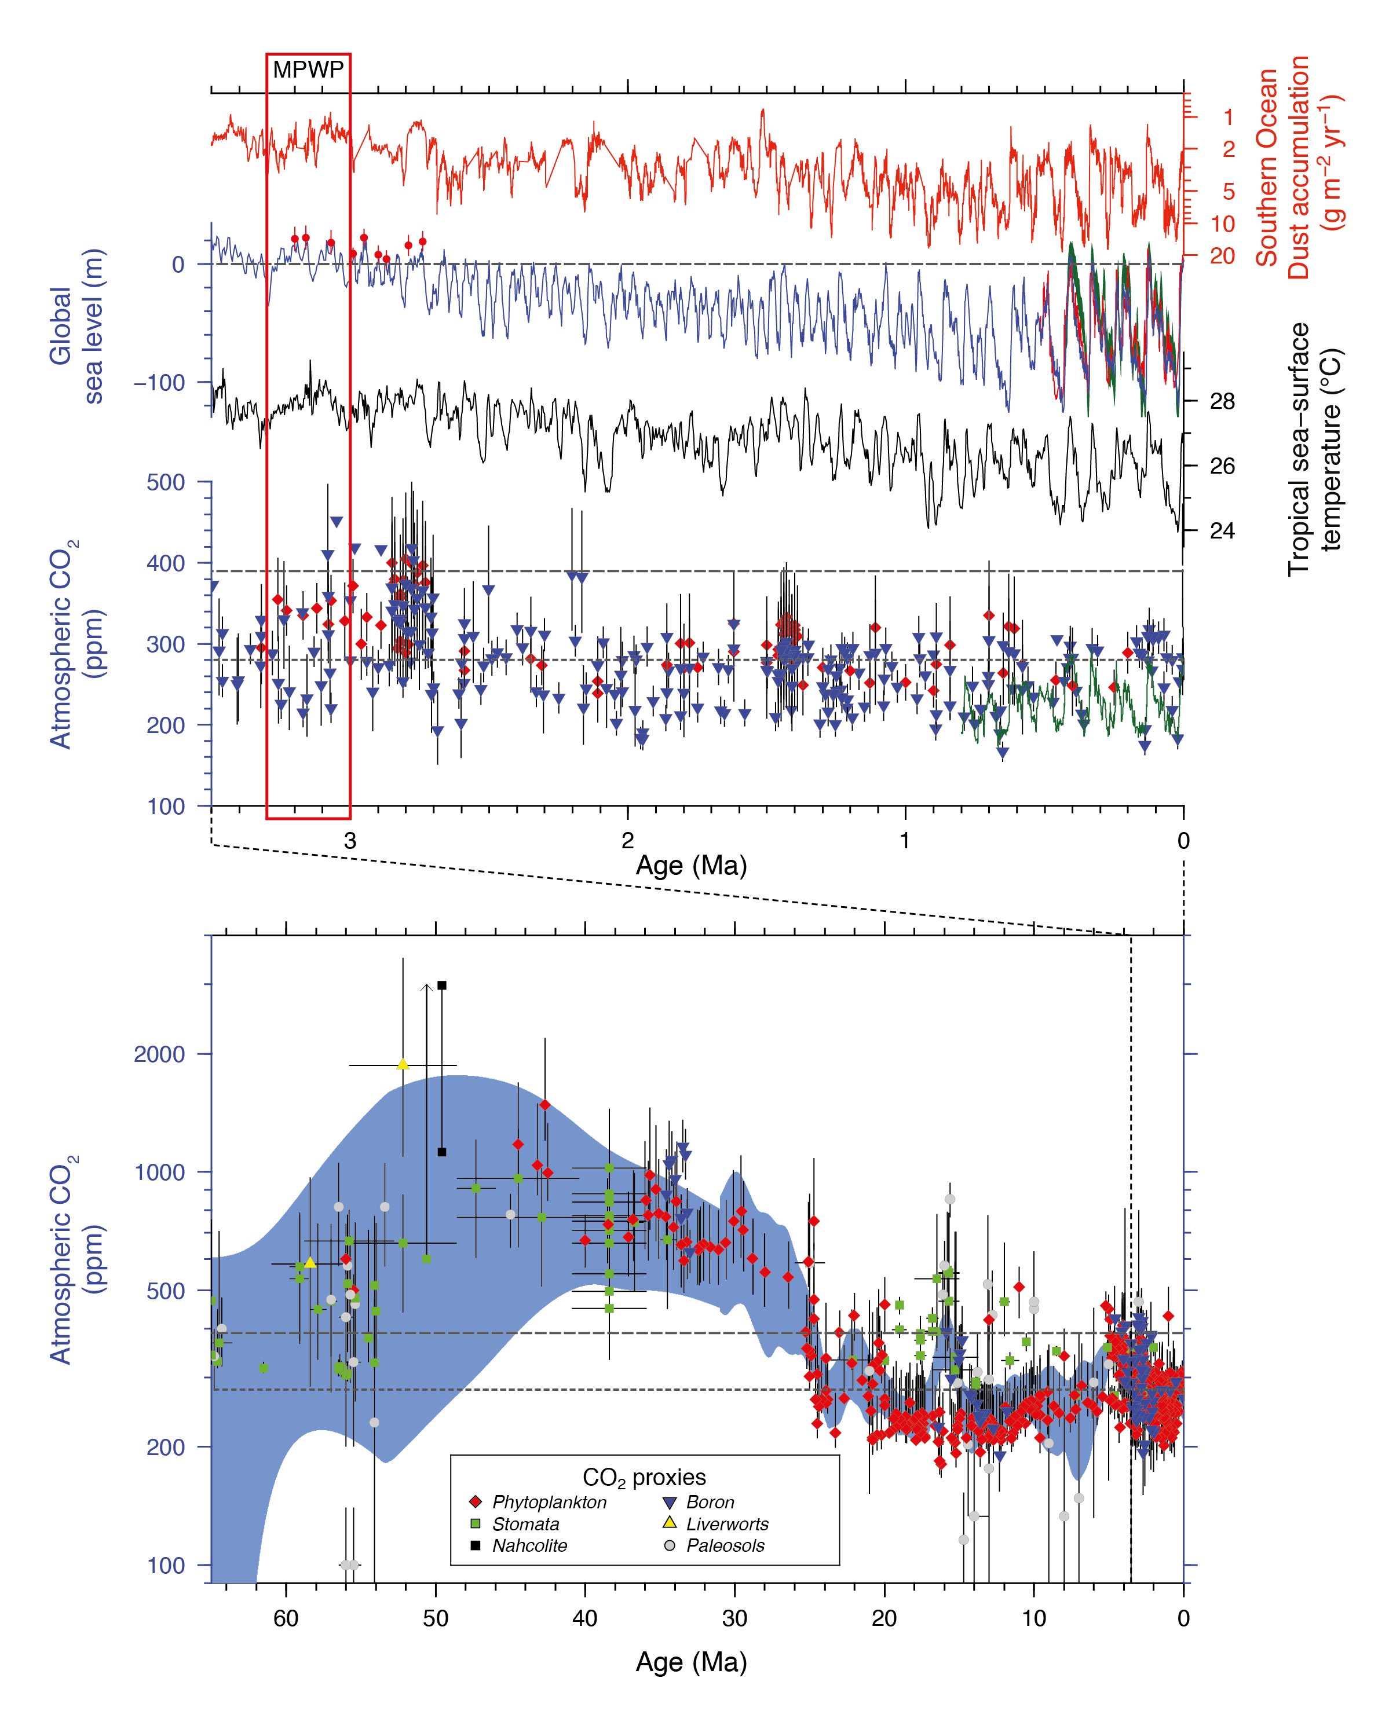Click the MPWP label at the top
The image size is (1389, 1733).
click(308, 69)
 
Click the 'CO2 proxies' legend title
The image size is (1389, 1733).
click(644, 1478)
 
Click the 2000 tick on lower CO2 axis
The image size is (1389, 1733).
click(159, 1054)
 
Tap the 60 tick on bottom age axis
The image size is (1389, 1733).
click(286, 1618)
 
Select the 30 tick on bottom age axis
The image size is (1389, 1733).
click(734, 1618)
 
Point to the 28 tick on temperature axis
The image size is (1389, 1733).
click(1222, 401)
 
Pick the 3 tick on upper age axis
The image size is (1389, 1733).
click(350, 841)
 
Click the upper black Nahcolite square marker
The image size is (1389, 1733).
click(441, 985)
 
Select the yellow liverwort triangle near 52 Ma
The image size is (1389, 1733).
click(403, 1065)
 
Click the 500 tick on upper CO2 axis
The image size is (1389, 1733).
click(166, 482)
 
